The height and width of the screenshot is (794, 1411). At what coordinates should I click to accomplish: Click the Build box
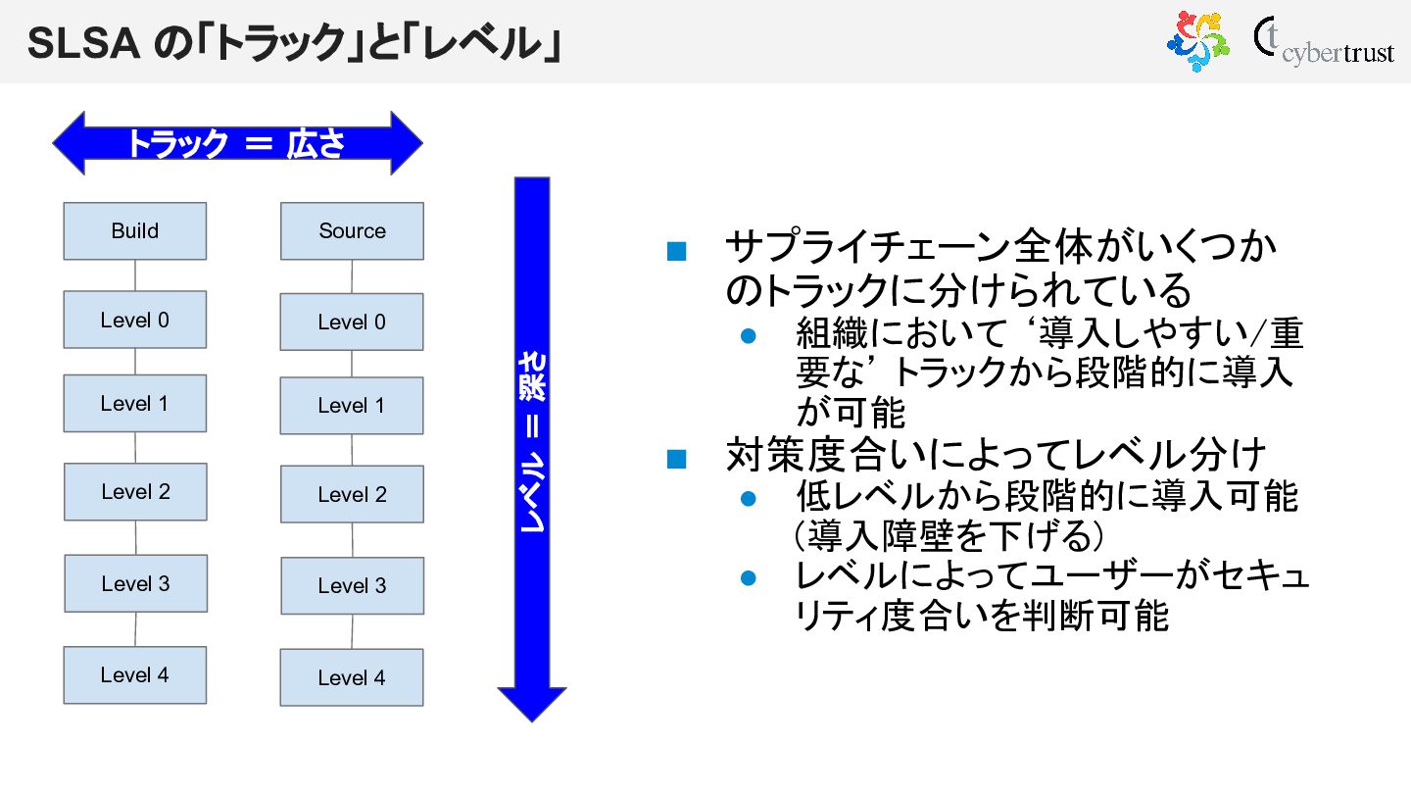click(135, 231)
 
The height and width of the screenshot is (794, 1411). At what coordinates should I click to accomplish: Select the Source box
click(352, 231)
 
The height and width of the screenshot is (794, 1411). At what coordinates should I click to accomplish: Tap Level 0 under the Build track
click(135, 320)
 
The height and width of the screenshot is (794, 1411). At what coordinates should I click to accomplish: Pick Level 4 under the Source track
click(352, 677)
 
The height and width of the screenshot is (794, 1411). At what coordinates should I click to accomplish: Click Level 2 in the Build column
click(135, 492)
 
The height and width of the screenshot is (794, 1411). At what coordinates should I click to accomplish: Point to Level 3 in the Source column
click(352, 586)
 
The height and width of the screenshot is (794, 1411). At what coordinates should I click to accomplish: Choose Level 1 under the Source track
click(352, 406)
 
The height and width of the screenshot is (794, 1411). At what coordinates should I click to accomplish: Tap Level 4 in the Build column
click(135, 675)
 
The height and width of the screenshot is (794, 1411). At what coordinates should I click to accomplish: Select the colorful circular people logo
click(1197, 41)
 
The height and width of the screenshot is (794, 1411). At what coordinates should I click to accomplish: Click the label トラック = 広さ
click(235, 144)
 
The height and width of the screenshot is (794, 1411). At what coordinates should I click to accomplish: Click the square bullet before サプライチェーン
click(676, 252)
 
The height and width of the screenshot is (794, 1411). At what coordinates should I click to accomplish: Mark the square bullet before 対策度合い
click(676, 459)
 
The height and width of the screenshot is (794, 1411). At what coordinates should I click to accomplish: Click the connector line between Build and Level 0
click(135, 275)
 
